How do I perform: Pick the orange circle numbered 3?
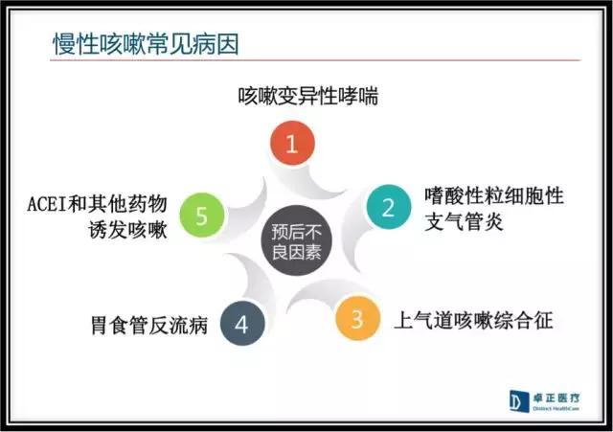[x=357, y=318]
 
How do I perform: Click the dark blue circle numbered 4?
[x=240, y=324]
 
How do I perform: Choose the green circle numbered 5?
[x=201, y=216]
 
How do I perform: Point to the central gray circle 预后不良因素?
[x=296, y=240]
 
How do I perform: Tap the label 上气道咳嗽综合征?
[x=475, y=319]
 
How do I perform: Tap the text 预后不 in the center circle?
[x=296, y=231]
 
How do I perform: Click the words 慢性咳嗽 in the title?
[x=97, y=43]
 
